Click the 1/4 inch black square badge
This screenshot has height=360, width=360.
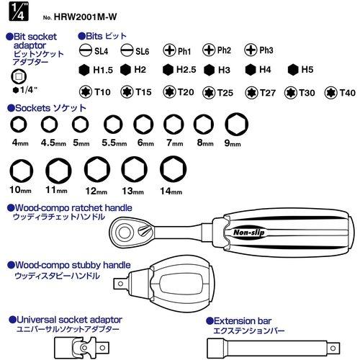pyautogui.click(x=19, y=11)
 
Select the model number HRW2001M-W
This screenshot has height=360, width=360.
pyautogui.click(x=85, y=17)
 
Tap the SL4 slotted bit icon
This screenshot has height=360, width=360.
pyautogui.click(x=86, y=50)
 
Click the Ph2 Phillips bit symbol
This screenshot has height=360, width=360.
pyautogui.click(x=209, y=50)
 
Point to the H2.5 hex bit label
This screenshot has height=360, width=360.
pyautogui.click(x=186, y=70)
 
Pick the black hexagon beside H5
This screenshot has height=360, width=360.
pyautogui.click(x=293, y=70)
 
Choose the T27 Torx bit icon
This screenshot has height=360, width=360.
pyautogui.click(x=251, y=93)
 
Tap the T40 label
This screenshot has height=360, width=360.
pyautogui.click(x=348, y=93)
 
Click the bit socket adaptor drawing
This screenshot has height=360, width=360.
pyautogui.click(x=19, y=76)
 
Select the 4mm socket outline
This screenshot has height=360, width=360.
pyautogui.click(x=19, y=125)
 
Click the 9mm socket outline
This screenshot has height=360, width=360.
pyautogui.click(x=236, y=124)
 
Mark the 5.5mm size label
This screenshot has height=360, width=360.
pyautogui.click(x=114, y=143)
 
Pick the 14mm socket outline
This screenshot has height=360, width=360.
pyautogui.click(x=173, y=169)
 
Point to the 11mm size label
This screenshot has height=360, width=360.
pyautogui.click(x=56, y=190)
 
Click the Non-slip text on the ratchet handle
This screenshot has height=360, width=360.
pyautogui.click(x=249, y=232)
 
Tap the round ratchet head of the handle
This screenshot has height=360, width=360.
pyautogui.click(x=125, y=233)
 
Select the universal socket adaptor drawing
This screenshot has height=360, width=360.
pyautogui.click(x=82, y=348)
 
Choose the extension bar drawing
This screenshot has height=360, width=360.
pyautogui.click(x=274, y=348)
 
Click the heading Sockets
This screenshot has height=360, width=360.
pyautogui.click(x=32, y=108)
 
